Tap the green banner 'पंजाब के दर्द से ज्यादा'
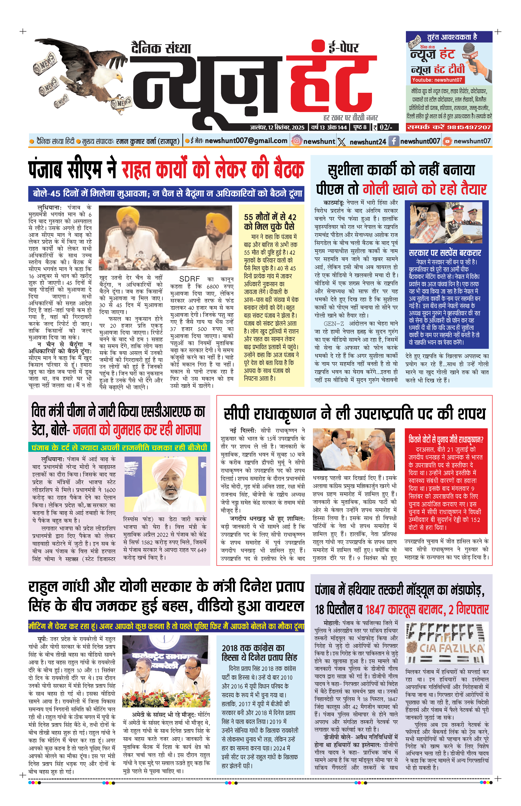tap(119, 448)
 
